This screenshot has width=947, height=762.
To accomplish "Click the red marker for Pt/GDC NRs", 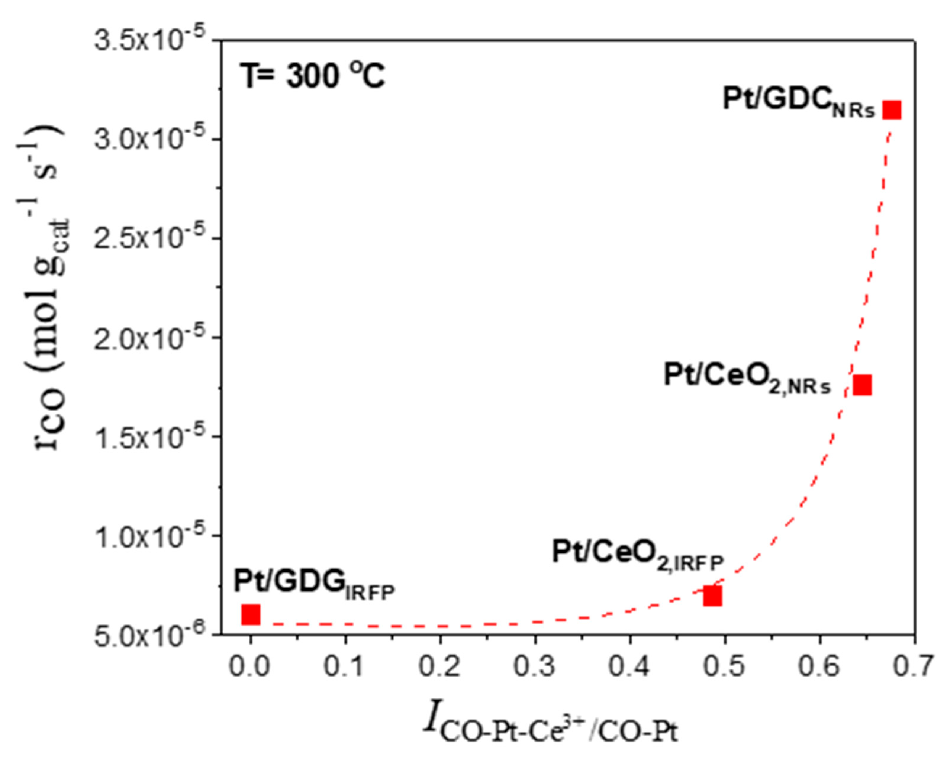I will tap(892, 110).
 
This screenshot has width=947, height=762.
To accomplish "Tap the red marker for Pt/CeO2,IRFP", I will tap(712, 596).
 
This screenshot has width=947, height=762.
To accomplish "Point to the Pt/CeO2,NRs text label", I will tap(747, 378).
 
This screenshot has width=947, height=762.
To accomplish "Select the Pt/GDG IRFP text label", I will tap(314, 584).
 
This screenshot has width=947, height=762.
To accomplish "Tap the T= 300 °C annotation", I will tap(313, 75).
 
